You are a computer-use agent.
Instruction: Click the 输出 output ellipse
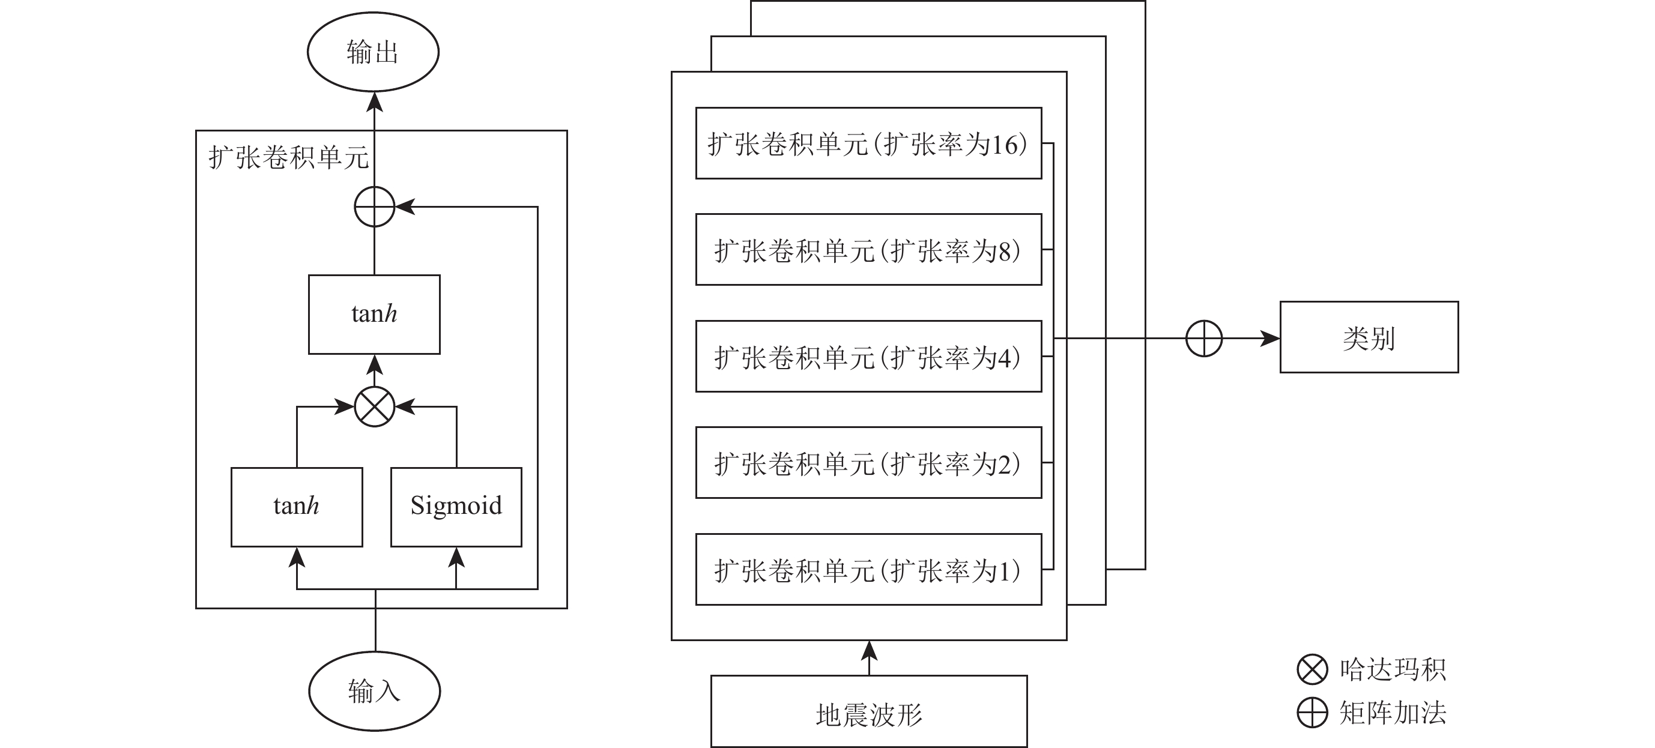point(373,52)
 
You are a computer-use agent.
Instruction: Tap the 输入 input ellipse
point(374,691)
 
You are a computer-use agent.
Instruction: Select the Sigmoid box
point(456,507)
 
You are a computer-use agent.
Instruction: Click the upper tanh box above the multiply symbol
point(374,314)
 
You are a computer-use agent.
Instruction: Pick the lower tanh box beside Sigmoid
point(296,507)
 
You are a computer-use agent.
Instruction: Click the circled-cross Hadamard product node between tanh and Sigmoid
point(375,406)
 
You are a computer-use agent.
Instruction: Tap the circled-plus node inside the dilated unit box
point(375,207)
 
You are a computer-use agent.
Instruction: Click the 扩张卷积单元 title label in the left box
point(288,157)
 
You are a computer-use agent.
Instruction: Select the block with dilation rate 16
point(868,143)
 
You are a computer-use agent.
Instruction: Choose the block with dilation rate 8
point(868,250)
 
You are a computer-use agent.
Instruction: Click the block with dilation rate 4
point(868,357)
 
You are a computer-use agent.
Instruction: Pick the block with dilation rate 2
point(868,463)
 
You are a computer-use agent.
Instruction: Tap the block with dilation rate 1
point(868,570)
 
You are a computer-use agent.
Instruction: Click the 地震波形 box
point(868,713)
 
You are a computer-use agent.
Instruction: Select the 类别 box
point(1369,337)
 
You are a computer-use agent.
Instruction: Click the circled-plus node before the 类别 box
point(1203,339)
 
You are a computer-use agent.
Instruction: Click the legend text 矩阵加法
point(1392,713)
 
